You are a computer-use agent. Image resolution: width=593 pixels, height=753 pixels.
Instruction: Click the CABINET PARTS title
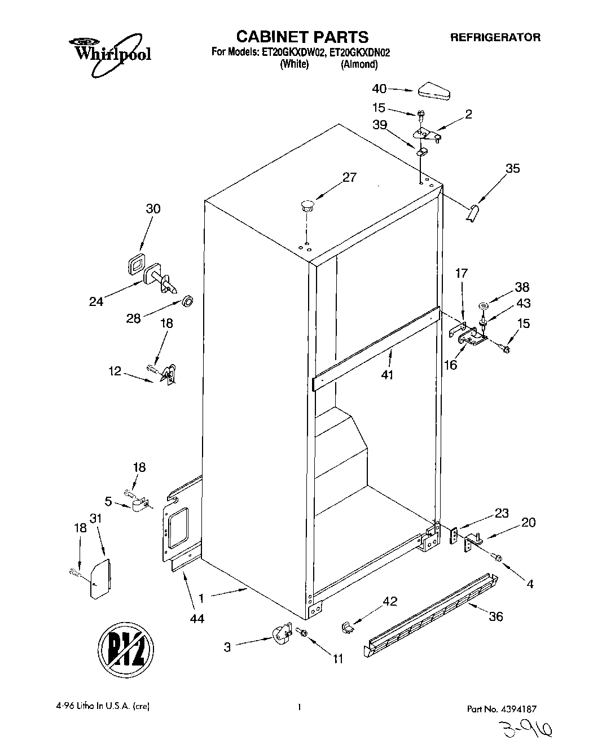tap(302, 37)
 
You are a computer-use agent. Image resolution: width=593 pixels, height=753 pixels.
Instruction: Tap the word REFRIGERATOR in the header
tap(495, 38)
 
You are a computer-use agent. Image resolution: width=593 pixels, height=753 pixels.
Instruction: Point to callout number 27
tap(349, 177)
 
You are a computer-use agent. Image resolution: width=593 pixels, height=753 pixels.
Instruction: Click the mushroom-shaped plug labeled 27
tap(307, 205)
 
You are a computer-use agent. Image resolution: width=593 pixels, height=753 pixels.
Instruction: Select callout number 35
tap(512, 168)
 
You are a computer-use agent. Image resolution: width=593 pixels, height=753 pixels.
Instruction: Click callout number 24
tap(96, 301)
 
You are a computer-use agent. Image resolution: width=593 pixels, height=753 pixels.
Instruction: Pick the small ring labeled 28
tap(189, 299)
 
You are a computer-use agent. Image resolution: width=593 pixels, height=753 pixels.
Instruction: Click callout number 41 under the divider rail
tap(387, 374)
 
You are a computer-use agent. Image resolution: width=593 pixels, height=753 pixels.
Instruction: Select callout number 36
tap(495, 616)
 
